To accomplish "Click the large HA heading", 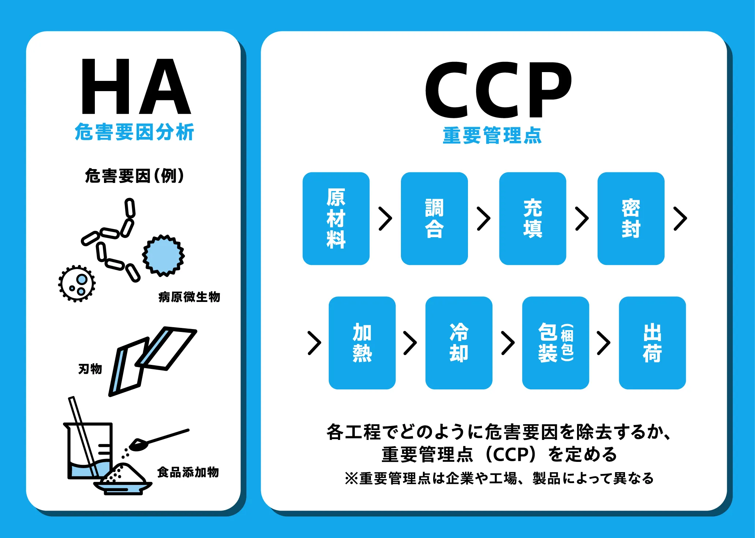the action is click(136, 86).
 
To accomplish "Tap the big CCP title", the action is click(498, 90).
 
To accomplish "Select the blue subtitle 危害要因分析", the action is click(134, 132).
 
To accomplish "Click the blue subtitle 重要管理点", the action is click(492, 135).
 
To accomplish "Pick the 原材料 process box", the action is click(336, 218).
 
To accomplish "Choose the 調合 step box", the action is click(434, 218).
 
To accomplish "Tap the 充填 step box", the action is click(532, 218).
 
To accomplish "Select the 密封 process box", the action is click(631, 218).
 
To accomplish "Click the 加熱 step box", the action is click(362, 343).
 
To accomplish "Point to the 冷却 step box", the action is click(459, 343).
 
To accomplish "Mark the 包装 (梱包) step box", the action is click(555, 343).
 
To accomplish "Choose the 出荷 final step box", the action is click(652, 343).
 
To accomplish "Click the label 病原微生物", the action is click(189, 297).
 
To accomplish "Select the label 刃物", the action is click(90, 369).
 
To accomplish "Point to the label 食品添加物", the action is click(188, 472).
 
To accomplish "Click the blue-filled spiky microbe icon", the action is click(163, 255).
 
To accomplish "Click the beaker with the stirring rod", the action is click(90, 450).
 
